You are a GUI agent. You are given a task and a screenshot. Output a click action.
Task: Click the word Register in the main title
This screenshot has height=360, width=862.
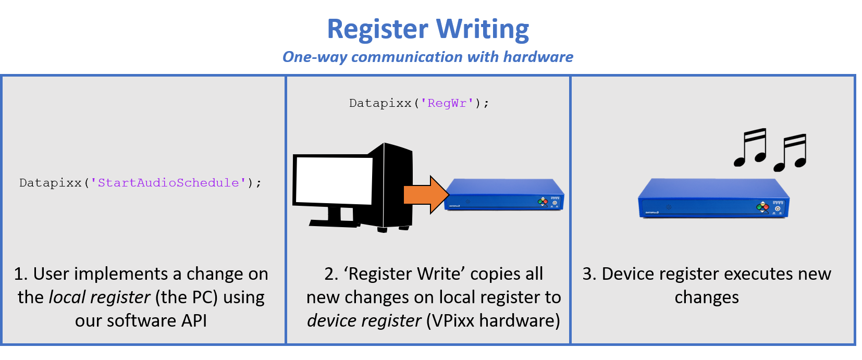click(x=377, y=30)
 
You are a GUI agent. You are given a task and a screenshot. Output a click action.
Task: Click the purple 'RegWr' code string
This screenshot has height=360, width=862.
click(x=447, y=103)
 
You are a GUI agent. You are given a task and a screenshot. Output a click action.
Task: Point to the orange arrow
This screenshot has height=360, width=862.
click(x=425, y=195)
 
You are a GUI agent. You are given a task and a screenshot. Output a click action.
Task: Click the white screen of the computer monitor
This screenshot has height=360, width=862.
click(x=334, y=180)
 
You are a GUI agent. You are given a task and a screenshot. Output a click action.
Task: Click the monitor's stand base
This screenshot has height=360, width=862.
click(x=334, y=222)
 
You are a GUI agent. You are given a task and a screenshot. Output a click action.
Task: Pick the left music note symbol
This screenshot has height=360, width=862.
click(x=750, y=147)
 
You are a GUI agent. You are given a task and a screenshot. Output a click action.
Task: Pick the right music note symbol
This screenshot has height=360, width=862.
click(x=791, y=153)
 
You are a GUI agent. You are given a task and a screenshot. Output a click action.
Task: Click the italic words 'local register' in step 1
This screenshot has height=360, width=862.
click(x=99, y=297)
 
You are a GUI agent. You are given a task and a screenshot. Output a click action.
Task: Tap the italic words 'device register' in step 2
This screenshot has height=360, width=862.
click(x=364, y=321)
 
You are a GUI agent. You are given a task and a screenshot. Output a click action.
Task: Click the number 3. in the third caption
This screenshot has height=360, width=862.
click(x=589, y=274)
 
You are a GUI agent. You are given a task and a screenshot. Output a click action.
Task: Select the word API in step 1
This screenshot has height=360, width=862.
click(x=194, y=321)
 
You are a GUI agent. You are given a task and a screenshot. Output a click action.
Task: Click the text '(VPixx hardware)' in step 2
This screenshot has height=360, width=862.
click(x=493, y=321)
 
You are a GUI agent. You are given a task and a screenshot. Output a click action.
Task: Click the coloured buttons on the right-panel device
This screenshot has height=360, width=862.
click(x=762, y=207)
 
